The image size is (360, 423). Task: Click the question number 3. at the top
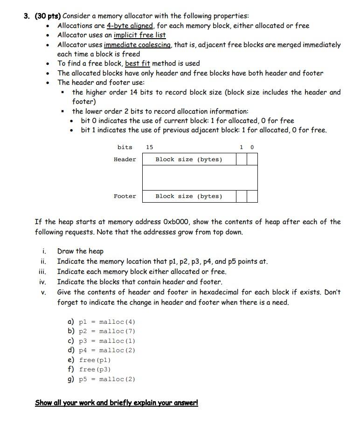pos(28,16)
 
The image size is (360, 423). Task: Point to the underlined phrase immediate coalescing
pos(138,45)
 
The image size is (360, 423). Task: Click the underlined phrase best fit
pos(138,63)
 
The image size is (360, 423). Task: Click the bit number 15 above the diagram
pos(149,147)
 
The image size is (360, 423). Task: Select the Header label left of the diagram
pos(125,159)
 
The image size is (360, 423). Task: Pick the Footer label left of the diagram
pos(125,196)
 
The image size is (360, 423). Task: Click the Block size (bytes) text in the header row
pos(189,159)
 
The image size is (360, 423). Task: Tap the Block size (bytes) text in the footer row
pos(189,196)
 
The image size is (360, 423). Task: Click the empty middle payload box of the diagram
pos(200,177)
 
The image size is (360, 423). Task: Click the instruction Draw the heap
pos(80,251)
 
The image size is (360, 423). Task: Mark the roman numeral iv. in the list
pos(42,282)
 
